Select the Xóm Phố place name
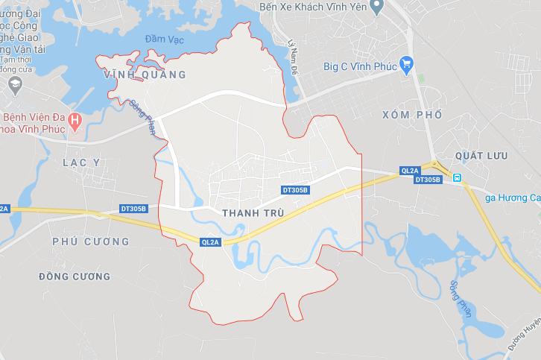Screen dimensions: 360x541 click(411, 115)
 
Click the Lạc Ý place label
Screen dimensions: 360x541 click(81, 162)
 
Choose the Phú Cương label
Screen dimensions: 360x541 click(91, 241)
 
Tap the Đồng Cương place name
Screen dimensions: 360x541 click(75, 277)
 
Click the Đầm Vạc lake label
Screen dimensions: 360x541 click(164, 38)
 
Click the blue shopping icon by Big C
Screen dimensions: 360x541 click(405, 65)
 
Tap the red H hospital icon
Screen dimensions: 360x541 click(74, 119)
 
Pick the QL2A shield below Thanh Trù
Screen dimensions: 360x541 click(211, 242)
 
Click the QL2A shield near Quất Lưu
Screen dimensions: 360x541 click(410, 170)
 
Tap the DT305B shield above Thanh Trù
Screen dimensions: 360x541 click(295, 190)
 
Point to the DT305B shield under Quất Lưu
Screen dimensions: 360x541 click(428, 180)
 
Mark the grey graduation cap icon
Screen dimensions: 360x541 click(13, 86)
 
